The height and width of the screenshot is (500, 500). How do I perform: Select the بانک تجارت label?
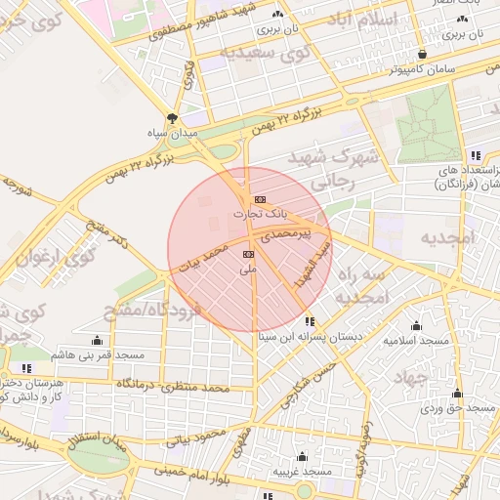[x=255, y=212]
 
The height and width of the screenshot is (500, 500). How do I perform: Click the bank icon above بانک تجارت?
[x=259, y=198]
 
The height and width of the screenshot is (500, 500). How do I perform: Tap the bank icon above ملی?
[x=247, y=254]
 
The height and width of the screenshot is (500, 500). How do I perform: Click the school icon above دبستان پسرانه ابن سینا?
[x=310, y=321]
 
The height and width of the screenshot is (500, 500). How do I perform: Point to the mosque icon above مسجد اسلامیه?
[x=417, y=326]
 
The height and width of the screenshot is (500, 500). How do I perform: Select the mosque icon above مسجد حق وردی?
[x=456, y=394]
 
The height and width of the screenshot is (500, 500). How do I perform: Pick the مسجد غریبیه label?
[x=302, y=471]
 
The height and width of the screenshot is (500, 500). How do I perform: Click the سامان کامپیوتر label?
[x=421, y=69]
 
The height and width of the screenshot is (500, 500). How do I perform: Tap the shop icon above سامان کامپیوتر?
[x=421, y=55]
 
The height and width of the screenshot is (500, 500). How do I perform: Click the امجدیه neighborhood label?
[x=446, y=238]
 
